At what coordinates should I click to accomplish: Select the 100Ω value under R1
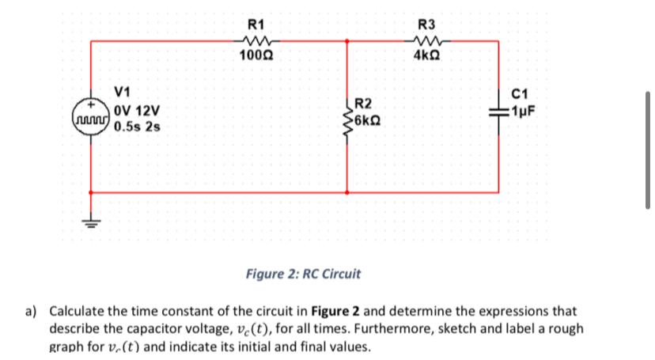pos(256,55)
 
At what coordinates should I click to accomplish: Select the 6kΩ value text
pos(370,121)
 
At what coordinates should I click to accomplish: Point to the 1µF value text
pos(525,111)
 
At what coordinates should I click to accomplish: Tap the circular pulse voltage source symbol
pos(91,116)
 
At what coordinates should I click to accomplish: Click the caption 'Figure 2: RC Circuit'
pos(302,275)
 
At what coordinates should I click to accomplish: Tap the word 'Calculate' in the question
pos(80,311)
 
